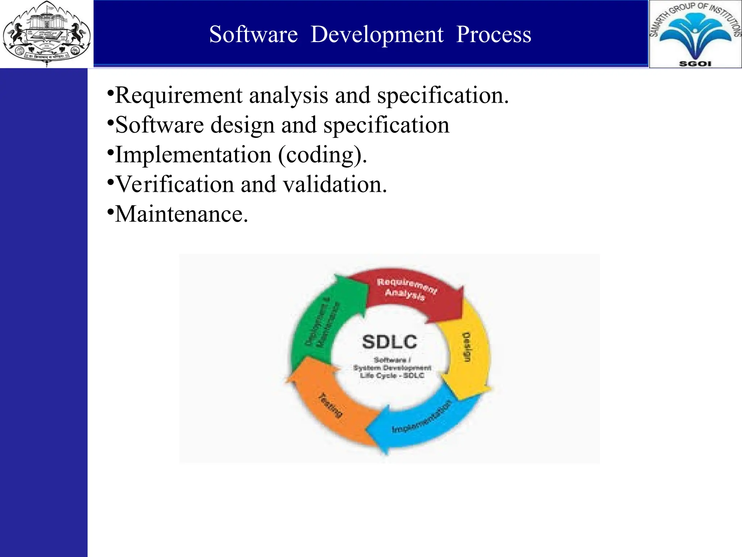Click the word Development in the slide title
pyautogui.click(x=377, y=35)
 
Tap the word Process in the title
pyautogui.click(x=493, y=35)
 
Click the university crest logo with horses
pyautogui.click(x=46, y=33)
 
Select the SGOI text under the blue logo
pyautogui.click(x=695, y=64)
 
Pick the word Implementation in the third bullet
pyautogui.click(x=193, y=155)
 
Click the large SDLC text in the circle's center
pyautogui.click(x=389, y=342)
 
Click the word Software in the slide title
pyautogui.click(x=253, y=35)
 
